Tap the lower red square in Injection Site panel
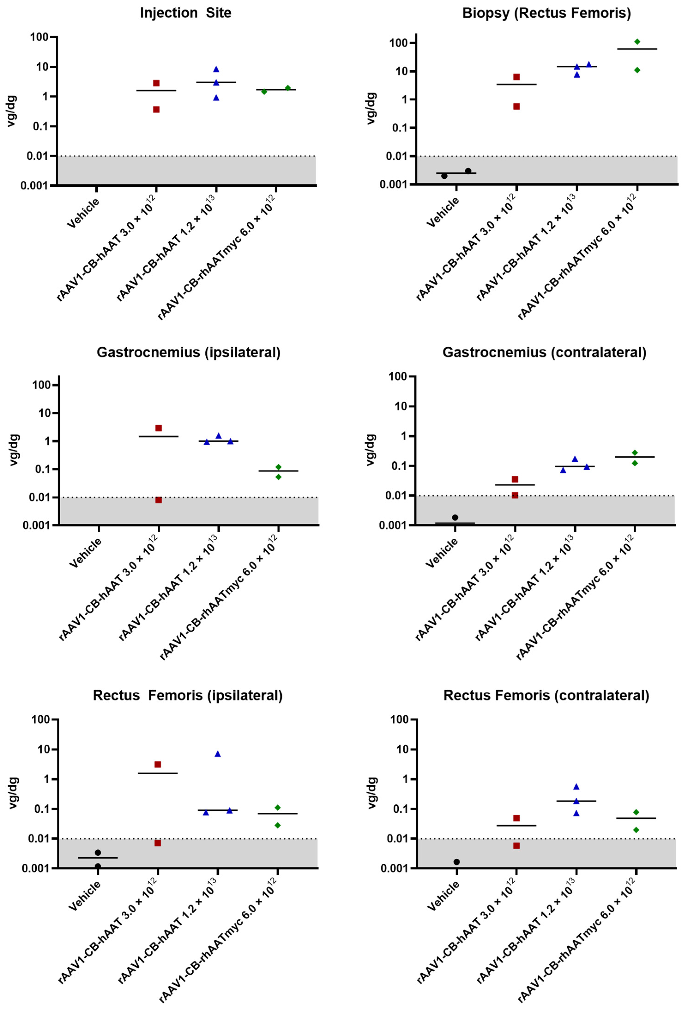[x=156, y=109]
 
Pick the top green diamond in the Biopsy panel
[x=637, y=42]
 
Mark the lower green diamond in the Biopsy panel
[x=637, y=70]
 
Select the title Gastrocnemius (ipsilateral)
[x=188, y=352]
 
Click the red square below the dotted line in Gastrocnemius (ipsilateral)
[x=159, y=500]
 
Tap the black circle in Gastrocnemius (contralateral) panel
[x=455, y=517]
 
